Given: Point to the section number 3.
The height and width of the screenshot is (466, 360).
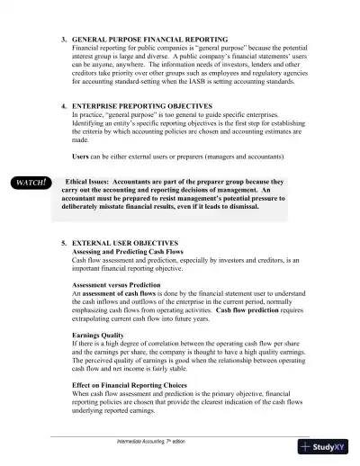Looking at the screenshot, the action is pos(63,40).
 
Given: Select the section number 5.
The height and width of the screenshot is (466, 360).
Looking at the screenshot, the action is pos(63,244).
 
